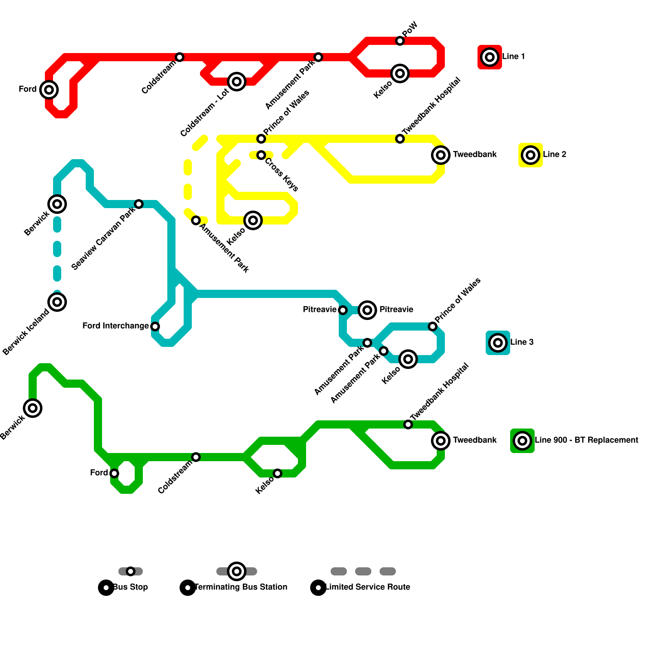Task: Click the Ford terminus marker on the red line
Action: click(49, 90)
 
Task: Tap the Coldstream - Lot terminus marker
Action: click(237, 82)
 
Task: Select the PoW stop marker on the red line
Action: click(400, 41)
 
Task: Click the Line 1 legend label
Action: click(513, 57)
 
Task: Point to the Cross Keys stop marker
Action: click(261, 155)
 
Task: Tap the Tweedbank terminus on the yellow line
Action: click(441, 155)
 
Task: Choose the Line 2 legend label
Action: click(554, 155)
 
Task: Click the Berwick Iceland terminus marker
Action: click(57, 302)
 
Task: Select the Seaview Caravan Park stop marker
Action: click(139, 204)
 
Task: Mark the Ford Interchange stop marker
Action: click(155, 326)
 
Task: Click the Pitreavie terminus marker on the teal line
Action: click(367, 310)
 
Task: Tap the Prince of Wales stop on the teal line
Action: click(433, 326)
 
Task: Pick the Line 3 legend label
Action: click(522, 342)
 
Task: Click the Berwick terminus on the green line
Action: click(33, 408)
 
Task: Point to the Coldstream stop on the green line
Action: click(196, 457)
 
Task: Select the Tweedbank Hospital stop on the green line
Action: click(408, 424)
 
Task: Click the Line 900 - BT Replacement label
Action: click(586, 440)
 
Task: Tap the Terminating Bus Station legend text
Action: click(241, 587)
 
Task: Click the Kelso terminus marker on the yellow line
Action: click(253, 220)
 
